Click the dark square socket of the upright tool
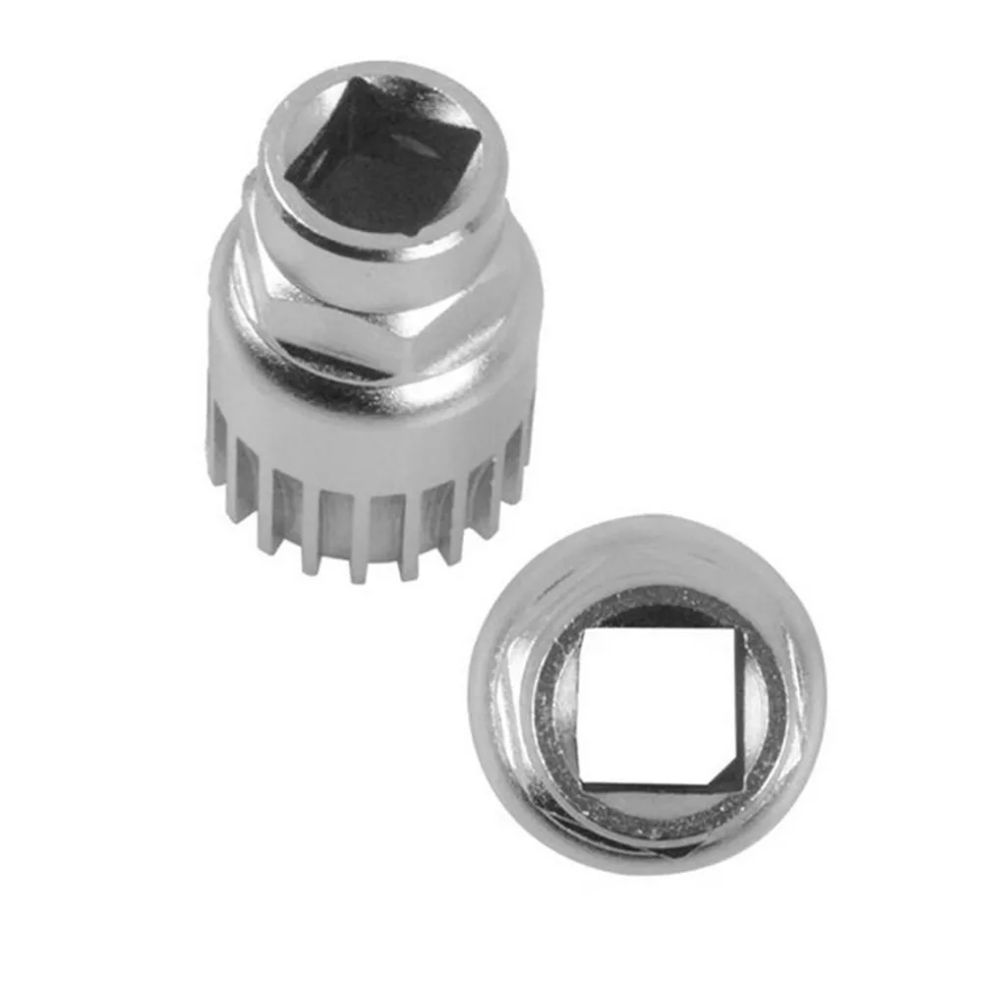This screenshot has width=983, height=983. coord(383,162)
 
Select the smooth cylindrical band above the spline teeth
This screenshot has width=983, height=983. coord(374,418)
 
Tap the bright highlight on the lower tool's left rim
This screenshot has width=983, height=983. coord(491,688)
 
